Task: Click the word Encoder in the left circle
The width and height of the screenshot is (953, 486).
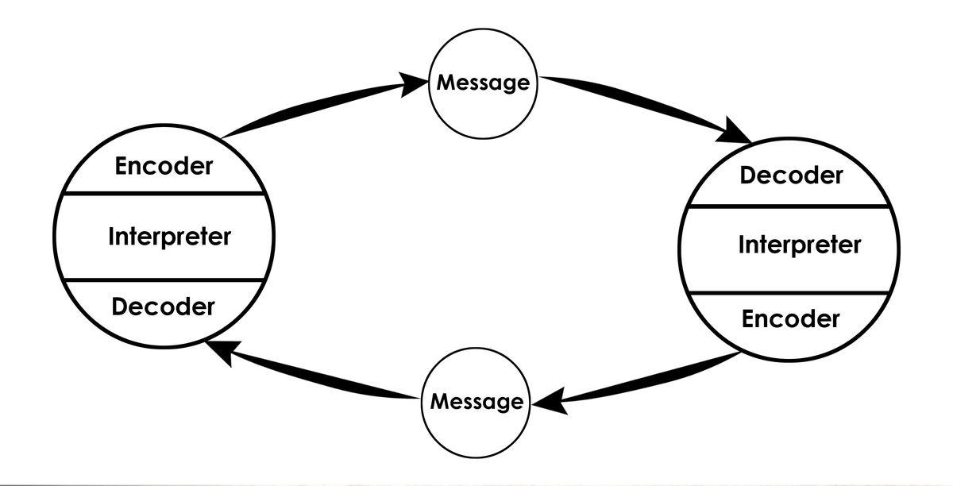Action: click(164, 167)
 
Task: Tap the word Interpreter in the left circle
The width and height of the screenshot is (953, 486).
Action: click(169, 237)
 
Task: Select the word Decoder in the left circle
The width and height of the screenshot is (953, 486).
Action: click(163, 307)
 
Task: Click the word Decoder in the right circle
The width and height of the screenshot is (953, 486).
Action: click(791, 175)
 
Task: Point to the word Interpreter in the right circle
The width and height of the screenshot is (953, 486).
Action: click(799, 245)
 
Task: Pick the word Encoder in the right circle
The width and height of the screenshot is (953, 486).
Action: click(790, 319)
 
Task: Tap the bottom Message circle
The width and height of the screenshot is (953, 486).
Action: click(476, 402)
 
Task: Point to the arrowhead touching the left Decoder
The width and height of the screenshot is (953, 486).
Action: click(222, 350)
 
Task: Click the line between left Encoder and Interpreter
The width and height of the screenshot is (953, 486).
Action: click(163, 193)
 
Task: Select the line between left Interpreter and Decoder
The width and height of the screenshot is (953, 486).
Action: click(163, 280)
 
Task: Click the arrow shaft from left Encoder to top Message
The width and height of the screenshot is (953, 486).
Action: click(318, 107)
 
